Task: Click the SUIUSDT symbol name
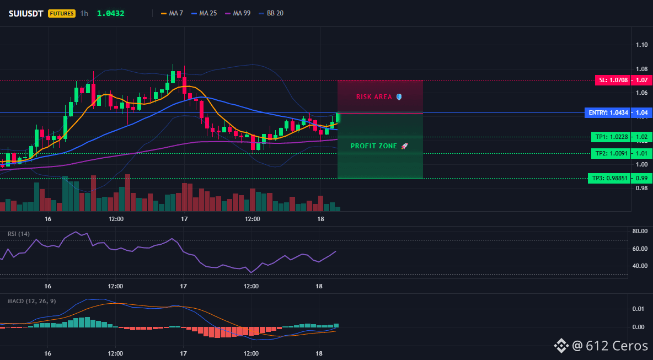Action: [x=26, y=13]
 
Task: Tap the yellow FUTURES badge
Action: [x=62, y=13]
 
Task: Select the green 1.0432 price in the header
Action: [x=110, y=13]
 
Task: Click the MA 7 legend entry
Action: [x=172, y=13]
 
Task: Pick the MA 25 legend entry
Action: [x=204, y=13]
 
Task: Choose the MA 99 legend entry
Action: [x=238, y=13]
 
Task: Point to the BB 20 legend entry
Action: [x=271, y=13]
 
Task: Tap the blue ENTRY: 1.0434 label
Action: [x=607, y=112]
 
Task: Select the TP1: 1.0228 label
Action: [x=609, y=137]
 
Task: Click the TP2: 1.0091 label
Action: [x=609, y=153]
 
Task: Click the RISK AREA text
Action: [x=374, y=97]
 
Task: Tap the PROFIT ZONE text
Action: [x=373, y=146]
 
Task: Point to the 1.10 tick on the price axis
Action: [x=641, y=45]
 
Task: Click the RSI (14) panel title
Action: [x=19, y=234]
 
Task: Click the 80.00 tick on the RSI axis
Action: [x=639, y=231]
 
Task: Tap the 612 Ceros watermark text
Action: [x=610, y=346]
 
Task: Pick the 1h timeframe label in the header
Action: [x=84, y=13]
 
